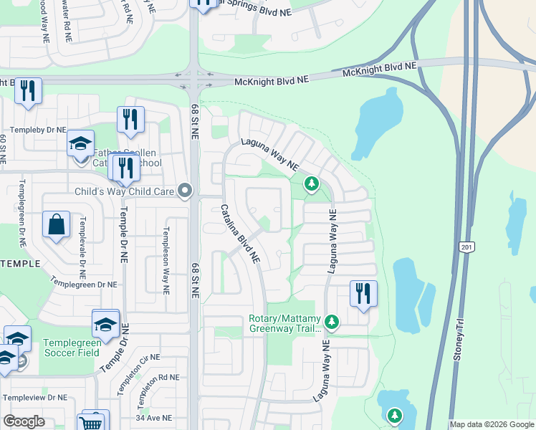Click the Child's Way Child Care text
125,191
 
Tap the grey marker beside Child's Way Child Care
186,191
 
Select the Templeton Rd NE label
155,377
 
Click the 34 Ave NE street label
155,417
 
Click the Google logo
24,421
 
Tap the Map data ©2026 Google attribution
492,424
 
